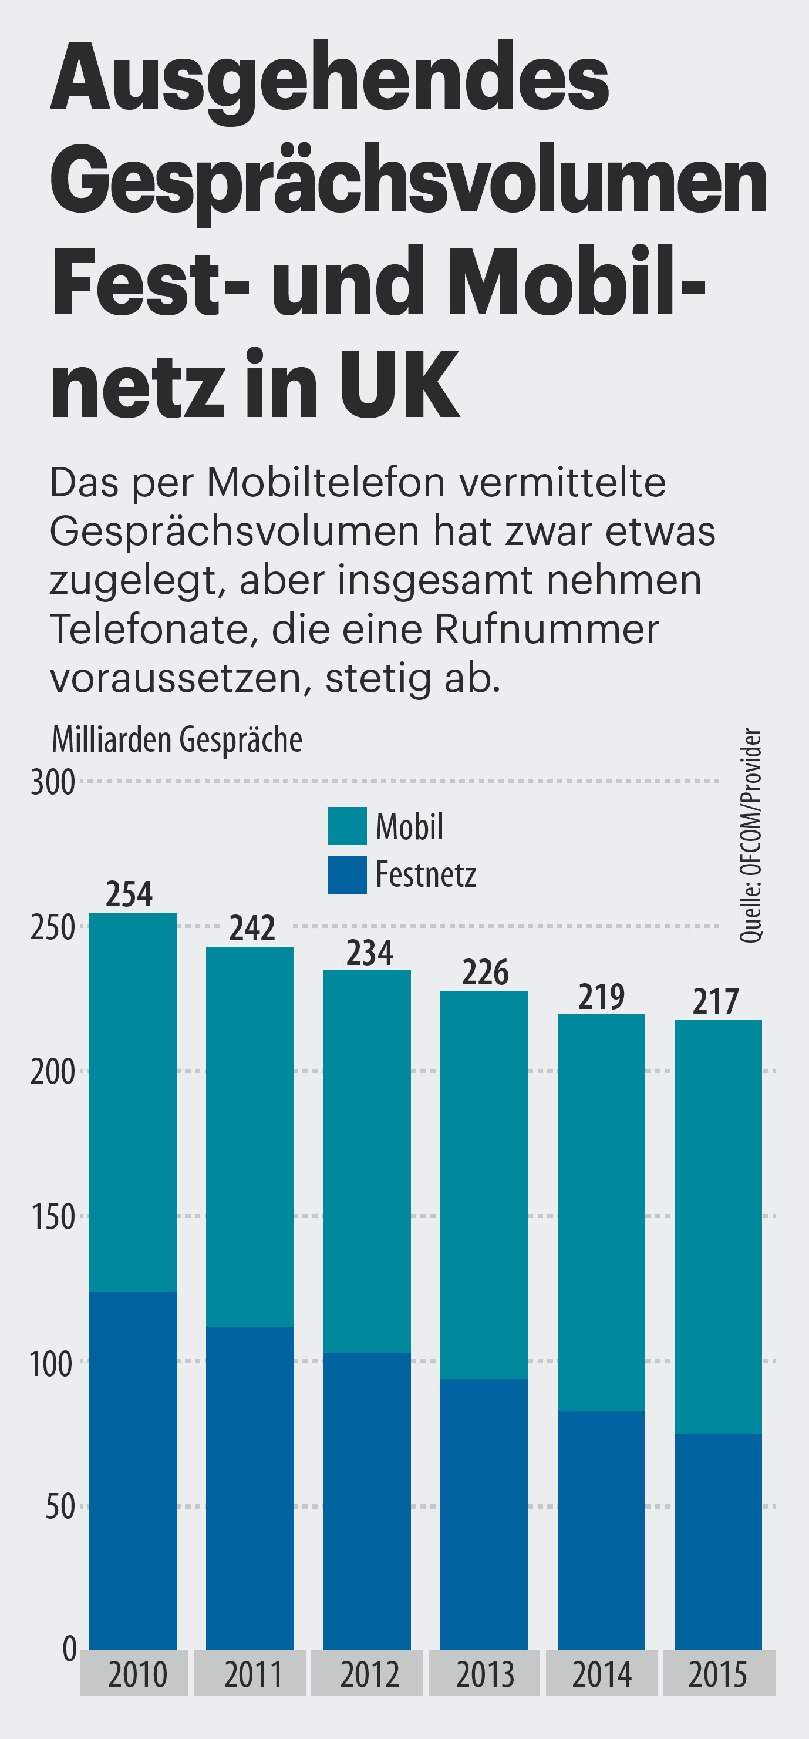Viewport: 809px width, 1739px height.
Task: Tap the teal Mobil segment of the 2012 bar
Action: click(367, 1161)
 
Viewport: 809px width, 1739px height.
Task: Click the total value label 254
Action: click(130, 894)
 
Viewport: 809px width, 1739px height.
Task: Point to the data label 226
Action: click(485, 973)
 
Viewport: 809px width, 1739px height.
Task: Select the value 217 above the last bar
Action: click(716, 1002)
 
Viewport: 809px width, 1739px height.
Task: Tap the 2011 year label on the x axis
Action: click(253, 1675)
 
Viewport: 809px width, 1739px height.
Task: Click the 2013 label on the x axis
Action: click(485, 1675)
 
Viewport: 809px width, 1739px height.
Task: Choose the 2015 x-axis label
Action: click(718, 1675)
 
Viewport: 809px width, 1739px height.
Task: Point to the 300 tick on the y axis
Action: click(53, 783)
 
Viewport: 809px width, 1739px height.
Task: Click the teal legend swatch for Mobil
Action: click(348, 826)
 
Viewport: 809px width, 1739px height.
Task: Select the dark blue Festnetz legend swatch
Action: click(348, 874)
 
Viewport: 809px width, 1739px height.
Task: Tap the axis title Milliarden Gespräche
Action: click(177, 739)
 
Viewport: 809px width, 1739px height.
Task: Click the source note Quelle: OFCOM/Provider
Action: click(750, 835)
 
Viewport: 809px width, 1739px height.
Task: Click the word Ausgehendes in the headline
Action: click(330, 80)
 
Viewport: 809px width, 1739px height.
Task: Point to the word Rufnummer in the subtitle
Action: click(547, 629)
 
